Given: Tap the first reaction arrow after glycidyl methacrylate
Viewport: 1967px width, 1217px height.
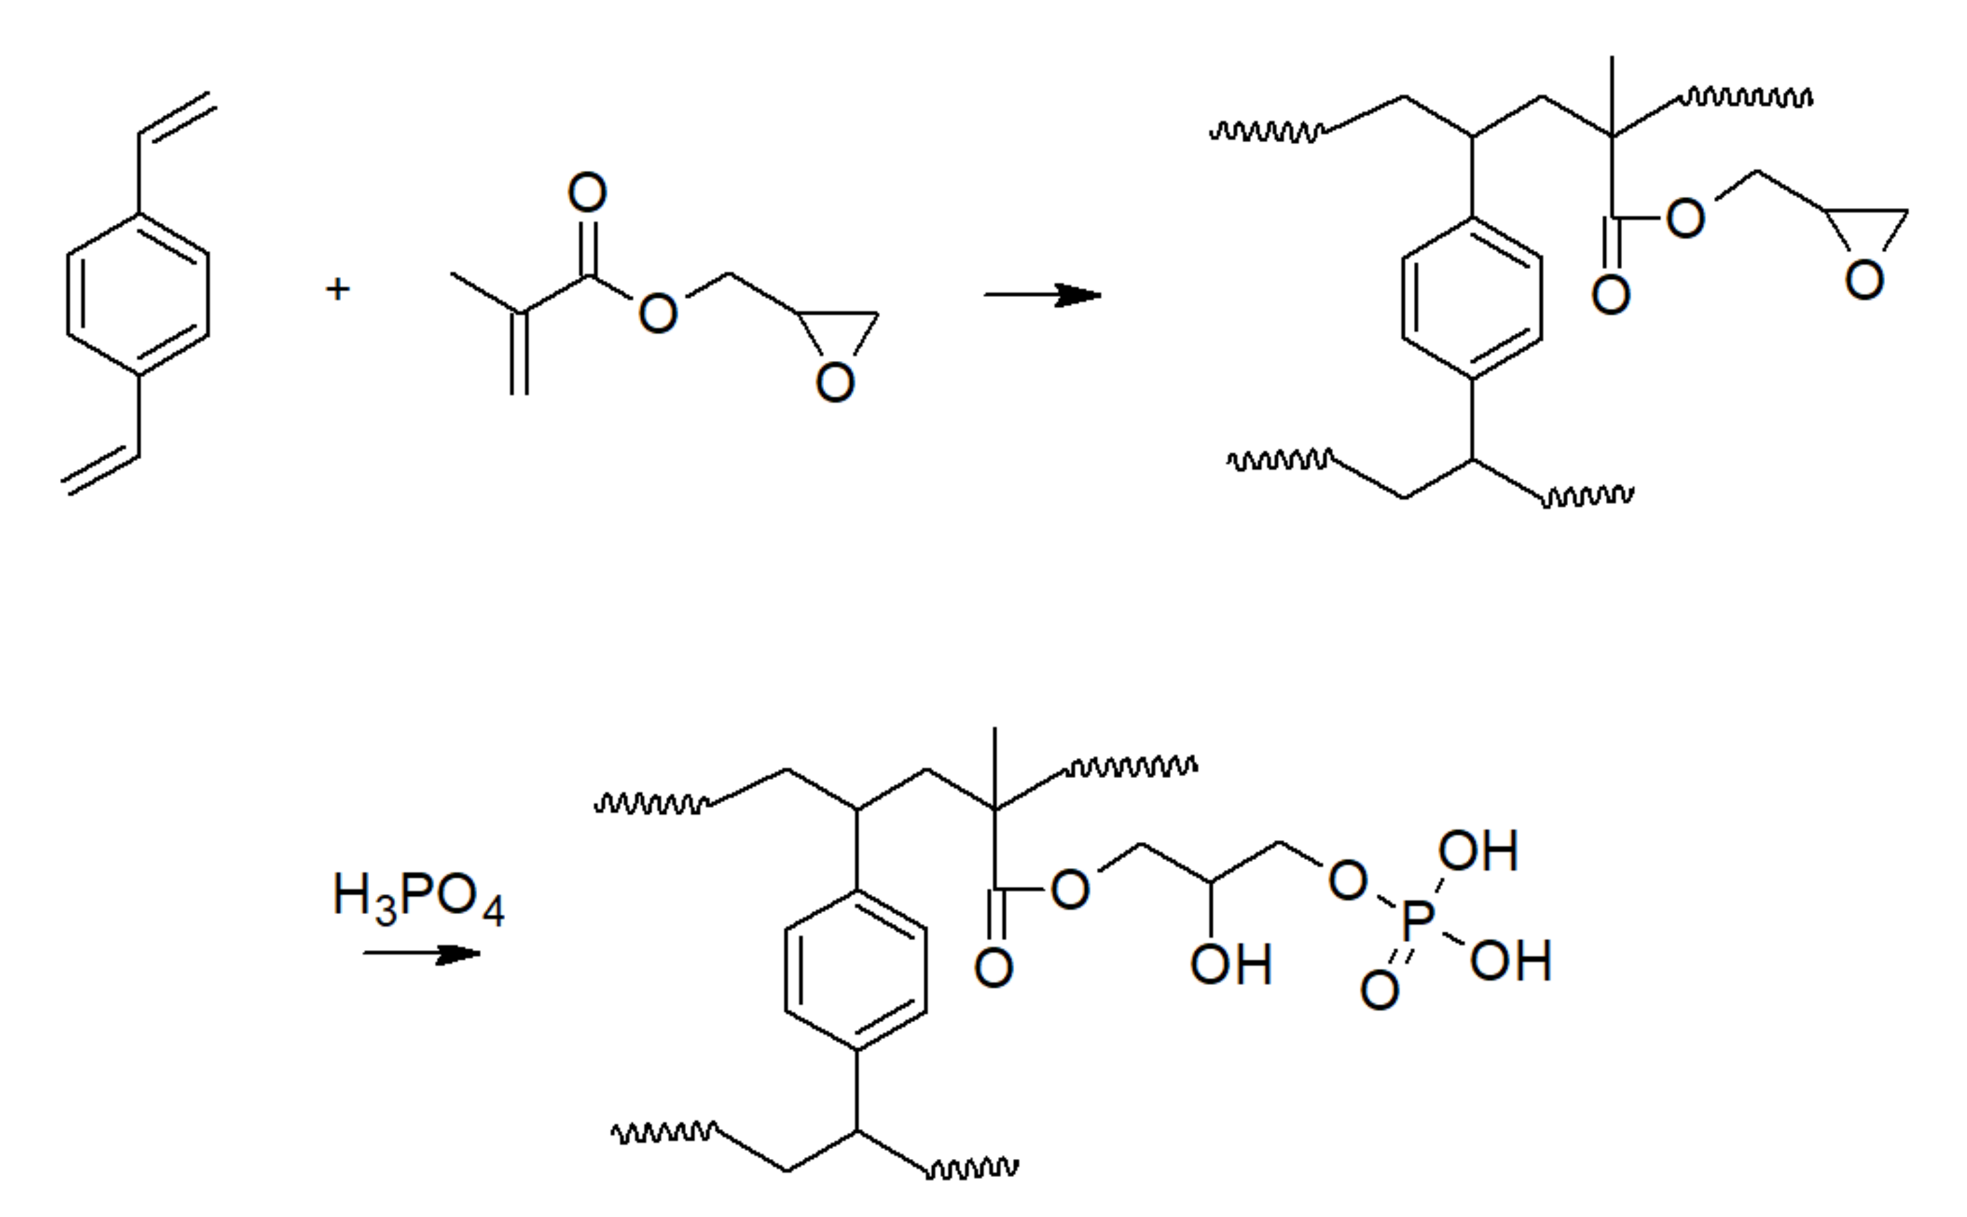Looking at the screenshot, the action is pos(1042,295).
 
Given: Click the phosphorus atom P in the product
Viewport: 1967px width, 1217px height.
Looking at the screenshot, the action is pos(1417,920).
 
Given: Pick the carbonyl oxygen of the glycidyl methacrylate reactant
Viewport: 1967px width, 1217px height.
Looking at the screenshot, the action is pos(586,192).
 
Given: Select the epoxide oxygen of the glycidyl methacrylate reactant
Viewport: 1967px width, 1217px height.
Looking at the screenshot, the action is pos(835,382).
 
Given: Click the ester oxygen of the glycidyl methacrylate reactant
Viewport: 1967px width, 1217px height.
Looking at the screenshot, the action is pos(657,312).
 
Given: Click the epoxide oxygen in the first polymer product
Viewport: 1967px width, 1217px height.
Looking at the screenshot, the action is pos(1864,280).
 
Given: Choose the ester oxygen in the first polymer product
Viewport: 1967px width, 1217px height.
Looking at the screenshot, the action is pos(1685,218).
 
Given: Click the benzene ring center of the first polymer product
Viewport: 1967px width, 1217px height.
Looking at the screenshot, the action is pos(1472,298).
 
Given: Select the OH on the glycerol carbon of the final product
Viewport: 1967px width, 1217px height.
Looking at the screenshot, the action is pos(1230,964).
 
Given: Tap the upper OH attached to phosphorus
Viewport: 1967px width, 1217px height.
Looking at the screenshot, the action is pos(1478,851).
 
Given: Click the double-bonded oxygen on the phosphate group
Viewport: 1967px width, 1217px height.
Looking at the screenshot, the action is pos(1379,990).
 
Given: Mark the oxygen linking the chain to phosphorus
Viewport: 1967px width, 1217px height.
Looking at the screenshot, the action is pos(1347,880).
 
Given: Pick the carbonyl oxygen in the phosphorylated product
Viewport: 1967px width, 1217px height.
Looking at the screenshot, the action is pos(993,967).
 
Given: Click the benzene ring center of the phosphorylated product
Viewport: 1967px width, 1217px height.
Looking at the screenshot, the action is pos(855,970).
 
